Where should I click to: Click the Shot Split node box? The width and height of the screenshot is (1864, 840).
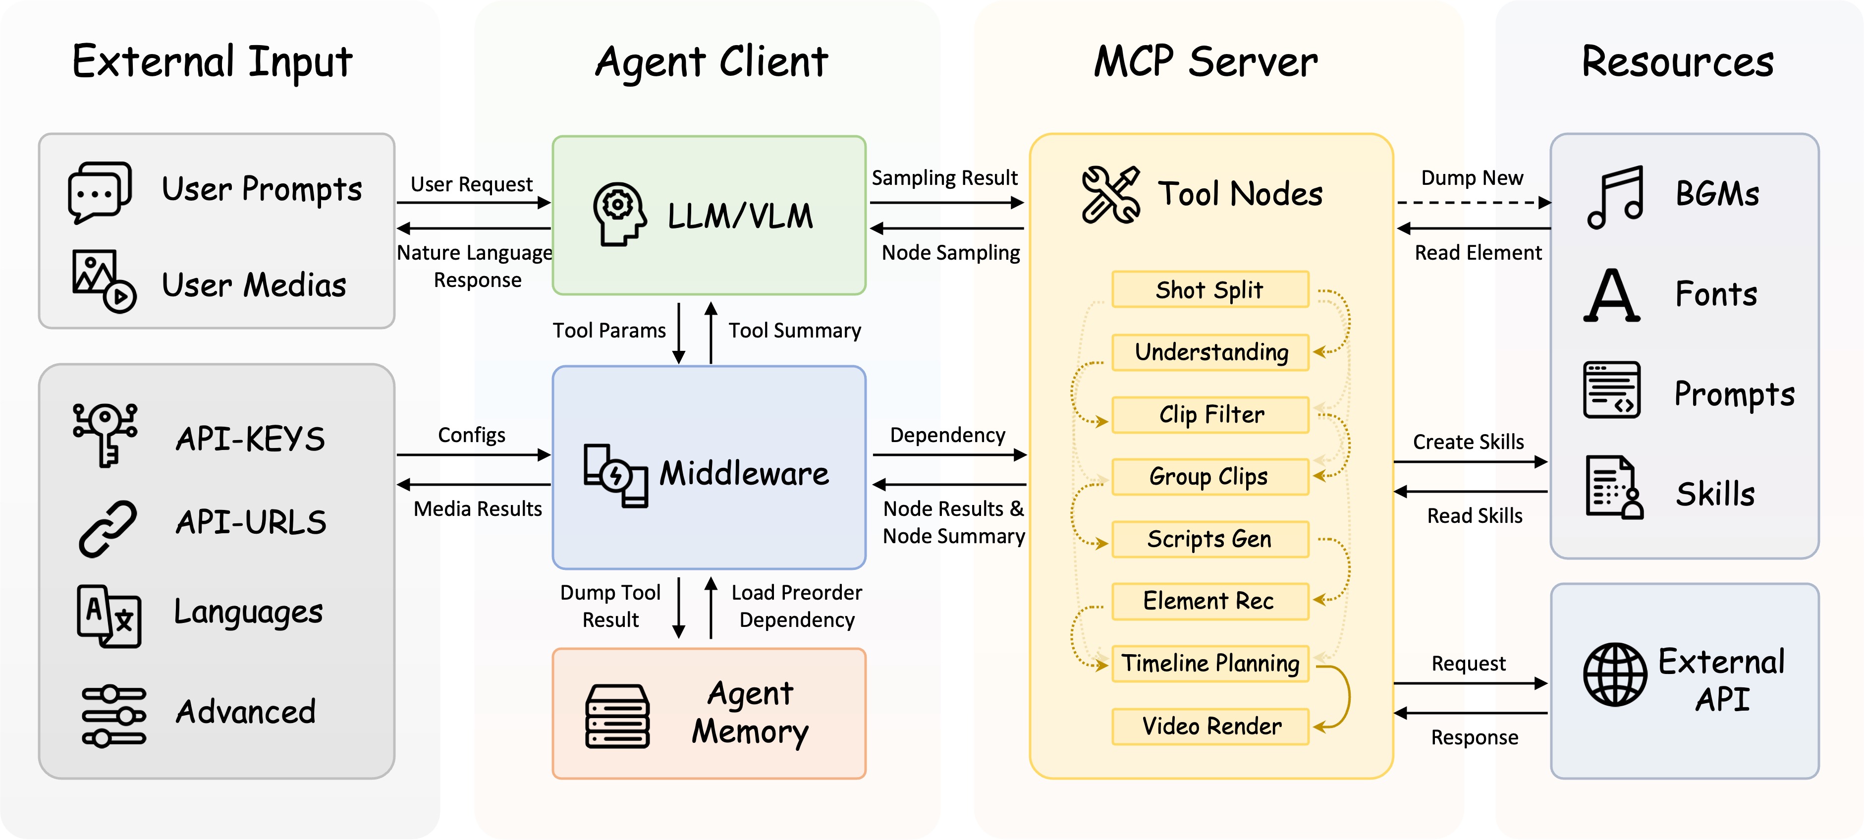tap(1210, 289)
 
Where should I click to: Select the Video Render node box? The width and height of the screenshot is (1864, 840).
tap(1210, 726)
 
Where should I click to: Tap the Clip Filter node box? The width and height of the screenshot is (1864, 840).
tap(1210, 415)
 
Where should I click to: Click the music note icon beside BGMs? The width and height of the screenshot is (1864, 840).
tap(1615, 197)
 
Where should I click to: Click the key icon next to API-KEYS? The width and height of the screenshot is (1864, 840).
tap(106, 434)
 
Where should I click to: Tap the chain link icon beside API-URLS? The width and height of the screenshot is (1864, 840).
tap(107, 529)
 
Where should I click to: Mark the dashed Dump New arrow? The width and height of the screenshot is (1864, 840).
tap(1473, 203)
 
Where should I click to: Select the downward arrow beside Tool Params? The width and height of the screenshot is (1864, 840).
tap(679, 333)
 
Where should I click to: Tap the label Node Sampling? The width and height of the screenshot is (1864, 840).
tap(950, 253)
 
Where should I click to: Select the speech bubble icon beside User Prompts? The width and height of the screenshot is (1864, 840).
tap(100, 192)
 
